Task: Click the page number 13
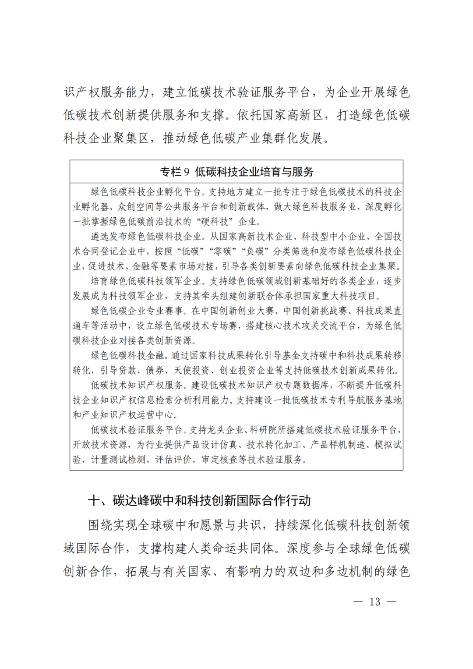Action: pos(375,602)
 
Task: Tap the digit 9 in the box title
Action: pos(186,172)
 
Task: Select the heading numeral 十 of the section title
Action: pos(94,500)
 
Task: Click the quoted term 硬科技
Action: pos(215,222)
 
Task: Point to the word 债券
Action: pos(155,371)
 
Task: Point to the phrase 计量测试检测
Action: pos(118,460)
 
